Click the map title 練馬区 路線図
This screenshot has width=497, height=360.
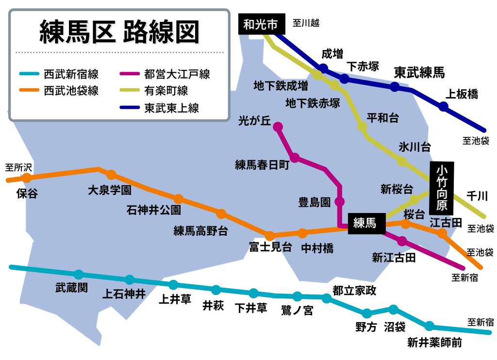[119, 33]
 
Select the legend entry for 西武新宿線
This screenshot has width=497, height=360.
[71, 75]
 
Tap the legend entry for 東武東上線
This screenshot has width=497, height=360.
[171, 108]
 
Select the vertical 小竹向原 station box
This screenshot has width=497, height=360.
[442, 188]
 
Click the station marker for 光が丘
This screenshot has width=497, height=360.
[278, 127]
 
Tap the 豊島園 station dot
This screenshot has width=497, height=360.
[340, 201]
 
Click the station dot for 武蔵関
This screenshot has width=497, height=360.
[79, 275]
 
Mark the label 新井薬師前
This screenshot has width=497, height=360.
[434, 343]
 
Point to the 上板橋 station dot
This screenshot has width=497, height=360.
[443, 107]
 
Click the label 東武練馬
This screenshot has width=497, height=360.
[419, 73]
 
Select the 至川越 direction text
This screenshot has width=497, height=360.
[306, 23]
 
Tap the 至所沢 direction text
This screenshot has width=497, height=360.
[18, 167]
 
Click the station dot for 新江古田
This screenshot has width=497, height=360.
[402, 241]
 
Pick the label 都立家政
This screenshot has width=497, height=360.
[354, 290]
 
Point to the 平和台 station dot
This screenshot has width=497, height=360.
[362, 127]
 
